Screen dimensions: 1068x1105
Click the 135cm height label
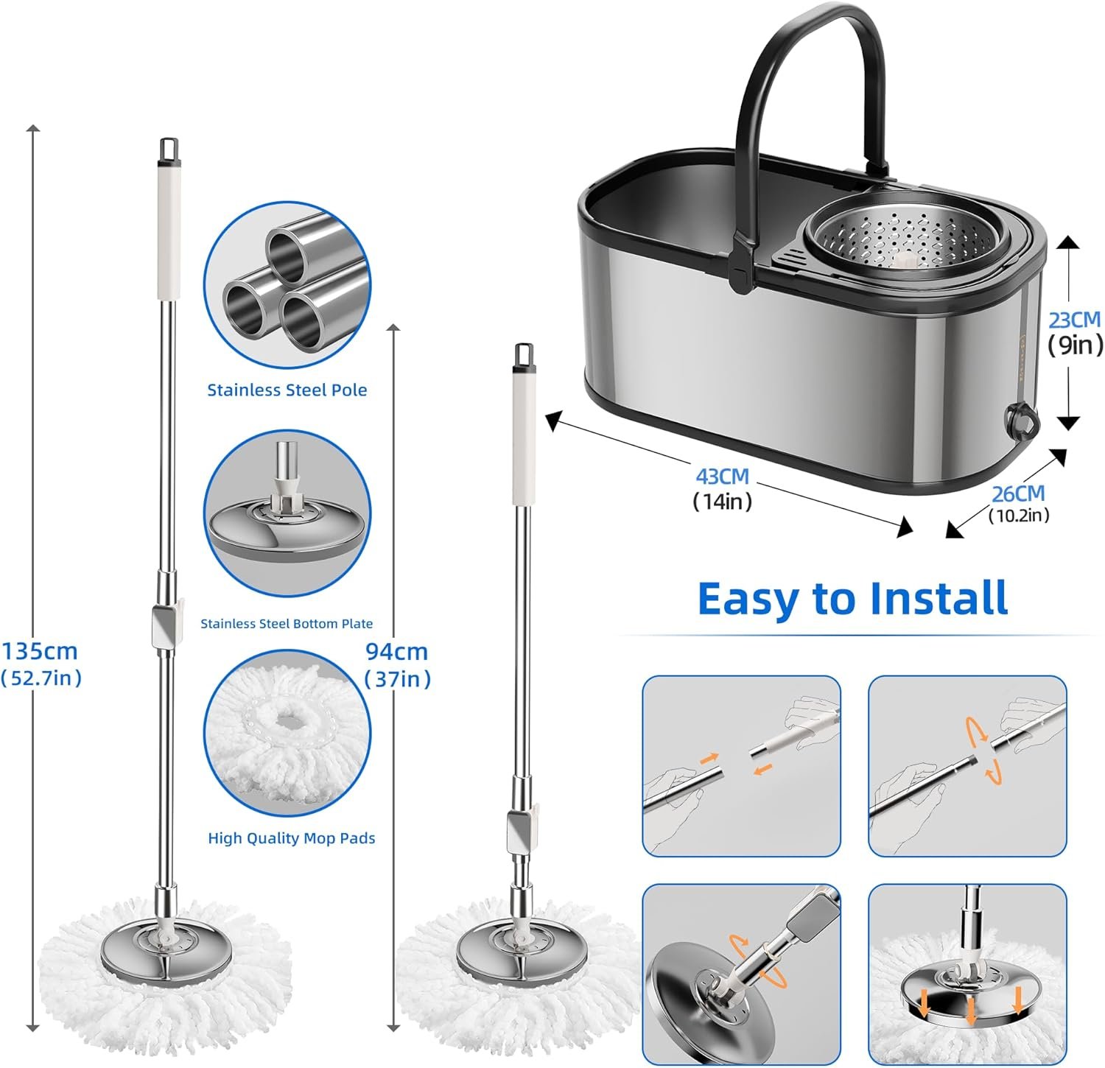point(41,652)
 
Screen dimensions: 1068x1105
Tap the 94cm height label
point(397,652)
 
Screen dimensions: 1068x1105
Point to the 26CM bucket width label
point(1018,493)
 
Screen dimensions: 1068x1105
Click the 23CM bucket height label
point(1075,320)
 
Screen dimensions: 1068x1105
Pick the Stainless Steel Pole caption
point(287,390)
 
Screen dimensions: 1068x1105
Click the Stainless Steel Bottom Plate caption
point(287,624)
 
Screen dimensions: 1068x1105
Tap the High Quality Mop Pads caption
point(292,838)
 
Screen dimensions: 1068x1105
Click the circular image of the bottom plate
point(287,514)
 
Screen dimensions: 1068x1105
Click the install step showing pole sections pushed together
point(741,766)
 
